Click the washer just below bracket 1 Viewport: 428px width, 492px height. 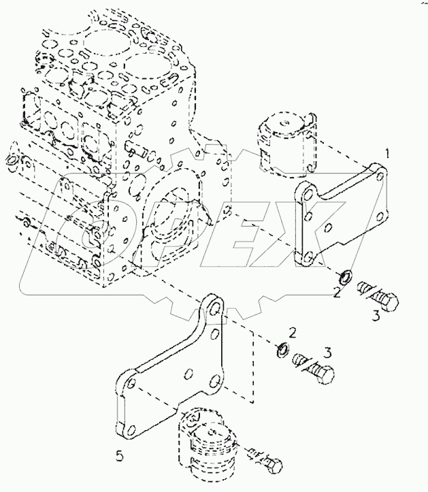click(x=346, y=277)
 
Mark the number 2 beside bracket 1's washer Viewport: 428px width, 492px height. click(x=335, y=293)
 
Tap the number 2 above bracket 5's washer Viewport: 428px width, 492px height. click(x=291, y=332)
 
